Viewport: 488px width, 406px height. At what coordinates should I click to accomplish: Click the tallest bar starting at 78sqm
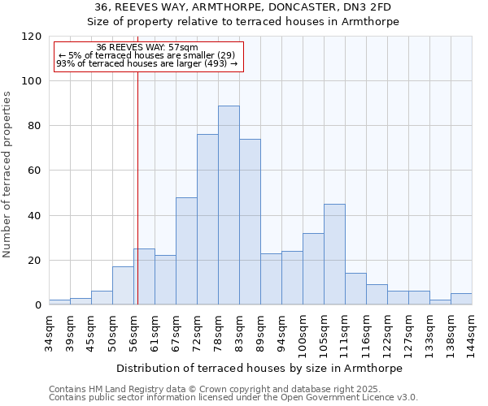(x=229, y=205)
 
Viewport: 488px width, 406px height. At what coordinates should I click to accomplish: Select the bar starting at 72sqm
(x=207, y=219)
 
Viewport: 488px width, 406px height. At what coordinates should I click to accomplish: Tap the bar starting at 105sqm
(x=334, y=254)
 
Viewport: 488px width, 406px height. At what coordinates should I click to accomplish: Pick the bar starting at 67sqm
(x=186, y=251)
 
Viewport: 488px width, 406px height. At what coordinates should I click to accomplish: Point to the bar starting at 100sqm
(x=313, y=269)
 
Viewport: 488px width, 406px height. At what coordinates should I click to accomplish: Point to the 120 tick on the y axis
(x=32, y=37)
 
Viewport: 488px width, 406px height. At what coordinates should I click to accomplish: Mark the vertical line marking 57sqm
(x=137, y=187)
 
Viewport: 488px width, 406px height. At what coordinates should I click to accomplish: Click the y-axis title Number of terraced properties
(x=8, y=175)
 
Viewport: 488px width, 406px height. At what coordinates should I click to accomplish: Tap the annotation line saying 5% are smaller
(x=146, y=55)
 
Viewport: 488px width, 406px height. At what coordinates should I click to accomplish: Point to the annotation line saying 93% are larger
(x=146, y=63)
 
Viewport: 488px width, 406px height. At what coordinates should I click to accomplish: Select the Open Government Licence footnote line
(x=233, y=397)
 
